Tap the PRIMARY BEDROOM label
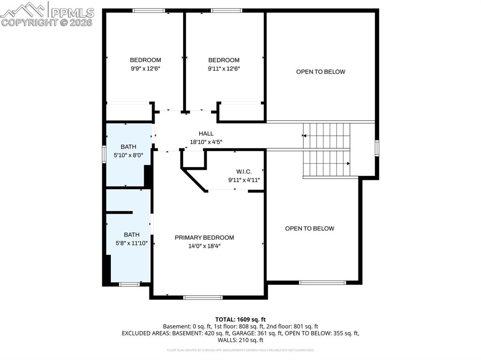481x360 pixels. (x=204, y=237)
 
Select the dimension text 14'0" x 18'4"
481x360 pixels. (x=204, y=245)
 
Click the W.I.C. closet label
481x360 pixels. (x=244, y=172)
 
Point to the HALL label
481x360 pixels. (x=206, y=134)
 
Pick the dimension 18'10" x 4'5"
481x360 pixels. (x=206, y=142)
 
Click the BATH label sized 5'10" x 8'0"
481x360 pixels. (x=128, y=147)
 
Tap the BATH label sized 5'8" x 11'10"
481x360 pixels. (x=132, y=235)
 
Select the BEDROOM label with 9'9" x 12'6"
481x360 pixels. (x=145, y=60)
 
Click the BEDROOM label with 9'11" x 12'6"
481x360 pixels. (x=224, y=60)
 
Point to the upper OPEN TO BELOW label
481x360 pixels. (x=320, y=72)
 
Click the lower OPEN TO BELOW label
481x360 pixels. (x=310, y=229)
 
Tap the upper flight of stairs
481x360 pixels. (x=327, y=135)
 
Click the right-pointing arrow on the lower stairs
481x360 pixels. (x=348, y=163)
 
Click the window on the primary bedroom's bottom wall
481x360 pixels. (x=203, y=297)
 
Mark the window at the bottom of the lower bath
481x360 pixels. (x=129, y=284)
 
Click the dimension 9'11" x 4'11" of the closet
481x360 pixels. (x=244, y=180)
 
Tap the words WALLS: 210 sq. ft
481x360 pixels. (x=240, y=340)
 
